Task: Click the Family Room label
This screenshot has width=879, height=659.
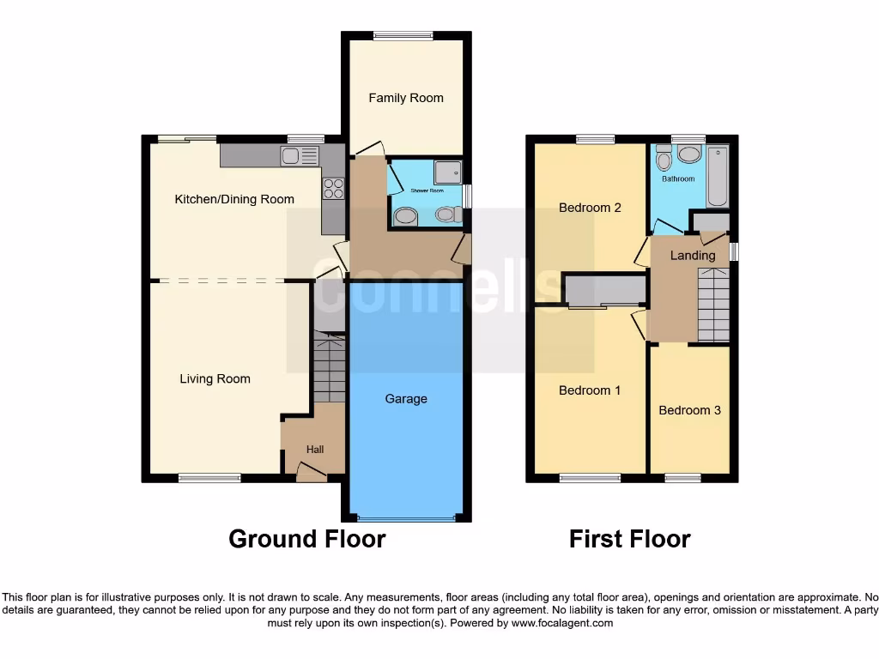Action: pyautogui.click(x=406, y=98)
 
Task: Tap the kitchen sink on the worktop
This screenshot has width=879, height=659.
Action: pyautogui.click(x=292, y=155)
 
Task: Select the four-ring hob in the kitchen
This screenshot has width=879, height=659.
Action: pyautogui.click(x=333, y=188)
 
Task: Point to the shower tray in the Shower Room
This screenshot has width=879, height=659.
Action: pyautogui.click(x=446, y=172)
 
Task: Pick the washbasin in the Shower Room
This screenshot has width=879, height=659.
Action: pyautogui.click(x=405, y=216)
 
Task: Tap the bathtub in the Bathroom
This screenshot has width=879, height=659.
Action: pyautogui.click(x=717, y=178)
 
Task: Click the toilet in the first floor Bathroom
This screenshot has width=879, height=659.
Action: pyautogui.click(x=688, y=154)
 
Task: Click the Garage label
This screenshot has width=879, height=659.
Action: pyautogui.click(x=406, y=399)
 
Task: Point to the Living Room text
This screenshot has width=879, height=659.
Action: pyautogui.click(x=215, y=379)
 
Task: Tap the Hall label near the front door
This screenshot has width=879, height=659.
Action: pyautogui.click(x=315, y=450)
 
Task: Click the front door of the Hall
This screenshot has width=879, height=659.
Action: pyautogui.click(x=312, y=470)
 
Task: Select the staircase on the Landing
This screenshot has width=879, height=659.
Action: pyautogui.click(x=713, y=305)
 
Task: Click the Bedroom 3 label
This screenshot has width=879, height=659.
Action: pyautogui.click(x=689, y=410)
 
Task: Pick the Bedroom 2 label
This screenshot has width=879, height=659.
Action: pyautogui.click(x=590, y=208)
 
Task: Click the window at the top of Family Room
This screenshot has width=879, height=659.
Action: pyautogui.click(x=403, y=35)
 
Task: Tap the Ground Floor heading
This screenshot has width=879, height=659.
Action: pyautogui.click(x=306, y=539)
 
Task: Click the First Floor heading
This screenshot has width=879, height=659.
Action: pyautogui.click(x=629, y=539)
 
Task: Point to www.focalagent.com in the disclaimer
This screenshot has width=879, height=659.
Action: pyautogui.click(x=562, y=623)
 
